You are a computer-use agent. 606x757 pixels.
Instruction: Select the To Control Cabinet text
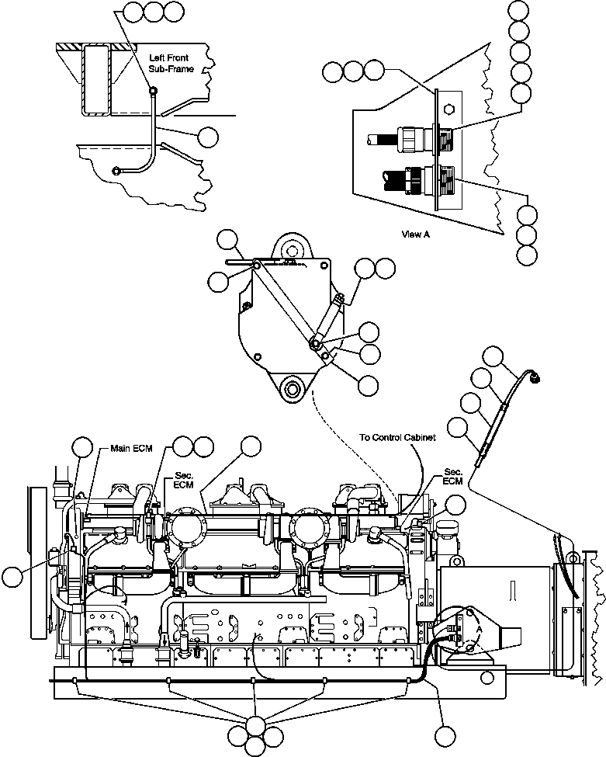point(397,437)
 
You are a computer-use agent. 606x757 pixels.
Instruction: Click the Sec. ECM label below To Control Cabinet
point(452,476)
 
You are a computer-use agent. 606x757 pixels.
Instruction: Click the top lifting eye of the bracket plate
point(292,249)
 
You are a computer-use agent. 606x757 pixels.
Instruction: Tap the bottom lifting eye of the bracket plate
point(293,388)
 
